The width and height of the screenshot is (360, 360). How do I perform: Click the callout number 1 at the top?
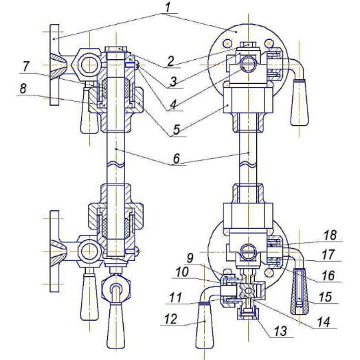click(168, 7)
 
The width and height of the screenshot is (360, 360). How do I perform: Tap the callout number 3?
click(174, 82)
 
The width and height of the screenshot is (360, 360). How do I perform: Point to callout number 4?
click(173, 105)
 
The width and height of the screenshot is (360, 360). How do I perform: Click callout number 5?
click(177, 130)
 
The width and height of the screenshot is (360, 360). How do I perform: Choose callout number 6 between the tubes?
click(177, 158)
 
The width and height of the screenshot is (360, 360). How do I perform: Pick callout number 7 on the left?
click(25, 67)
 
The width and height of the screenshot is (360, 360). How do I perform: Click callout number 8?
click(23, 89)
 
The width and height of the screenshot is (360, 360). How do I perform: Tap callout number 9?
click(190, 259)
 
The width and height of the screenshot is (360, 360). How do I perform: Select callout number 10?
click(182, 273)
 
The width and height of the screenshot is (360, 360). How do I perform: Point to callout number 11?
click(175, 297)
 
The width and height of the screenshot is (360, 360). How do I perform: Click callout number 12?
click(171, 319)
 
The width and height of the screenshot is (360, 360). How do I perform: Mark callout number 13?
click(281, 331)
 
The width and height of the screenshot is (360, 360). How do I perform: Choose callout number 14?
click(324, 322)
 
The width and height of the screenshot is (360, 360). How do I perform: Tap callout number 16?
click(328, 275)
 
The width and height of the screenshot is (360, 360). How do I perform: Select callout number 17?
click(328, 255)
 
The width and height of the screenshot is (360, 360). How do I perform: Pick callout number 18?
click(330, 235)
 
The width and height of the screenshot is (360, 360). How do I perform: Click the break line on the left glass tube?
click(116, 164)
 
